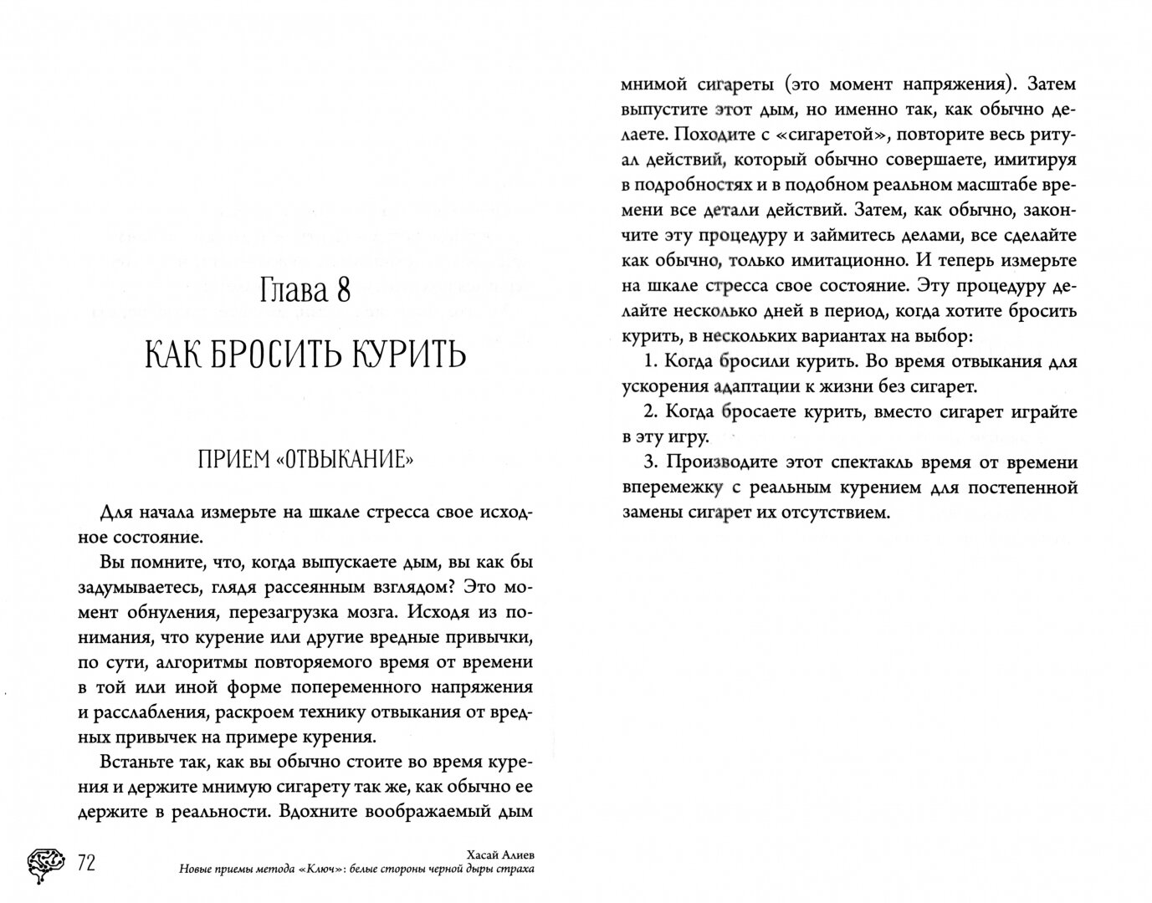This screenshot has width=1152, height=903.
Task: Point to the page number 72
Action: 86,862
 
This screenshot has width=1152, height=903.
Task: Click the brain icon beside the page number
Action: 46,862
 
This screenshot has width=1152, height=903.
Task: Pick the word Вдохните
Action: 319,812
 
